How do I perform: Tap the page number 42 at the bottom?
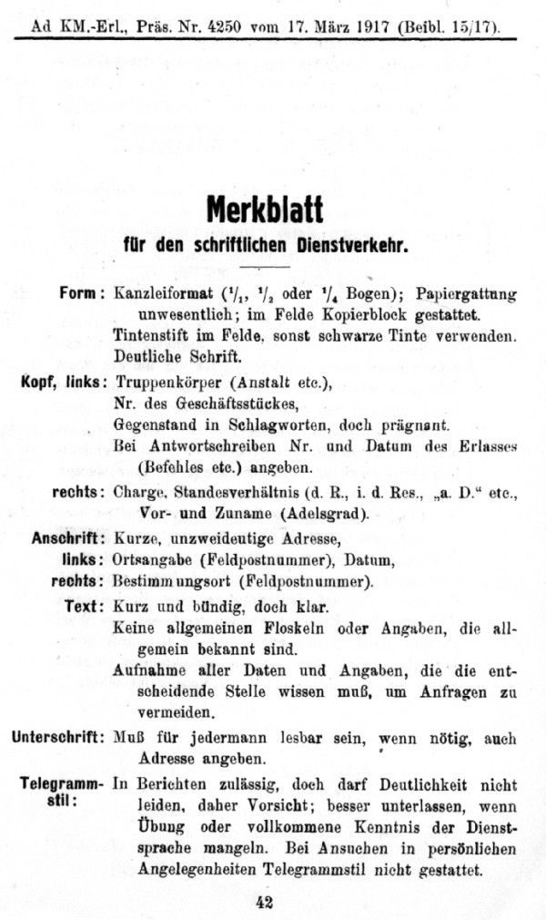265,902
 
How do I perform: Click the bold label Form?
82,293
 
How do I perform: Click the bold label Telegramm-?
63,782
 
